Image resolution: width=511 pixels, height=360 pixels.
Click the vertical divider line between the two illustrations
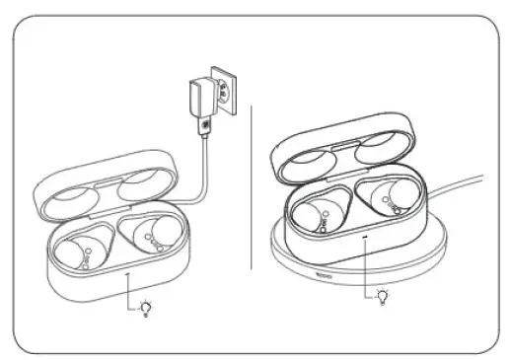254,178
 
